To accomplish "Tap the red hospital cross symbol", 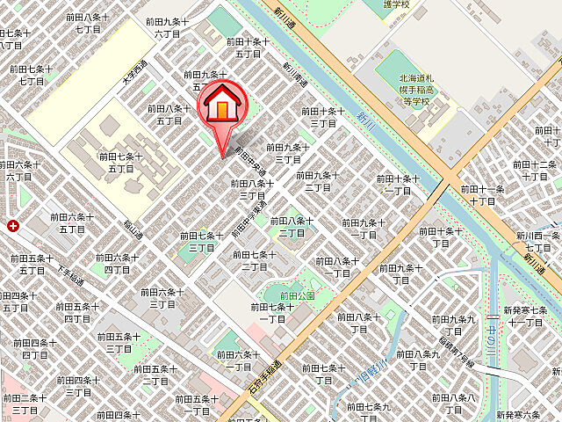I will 13,226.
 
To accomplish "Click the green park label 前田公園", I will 297,296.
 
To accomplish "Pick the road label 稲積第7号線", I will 457,351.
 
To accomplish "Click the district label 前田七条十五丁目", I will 120,162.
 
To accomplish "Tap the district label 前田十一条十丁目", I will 482,194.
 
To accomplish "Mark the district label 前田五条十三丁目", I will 119,342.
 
